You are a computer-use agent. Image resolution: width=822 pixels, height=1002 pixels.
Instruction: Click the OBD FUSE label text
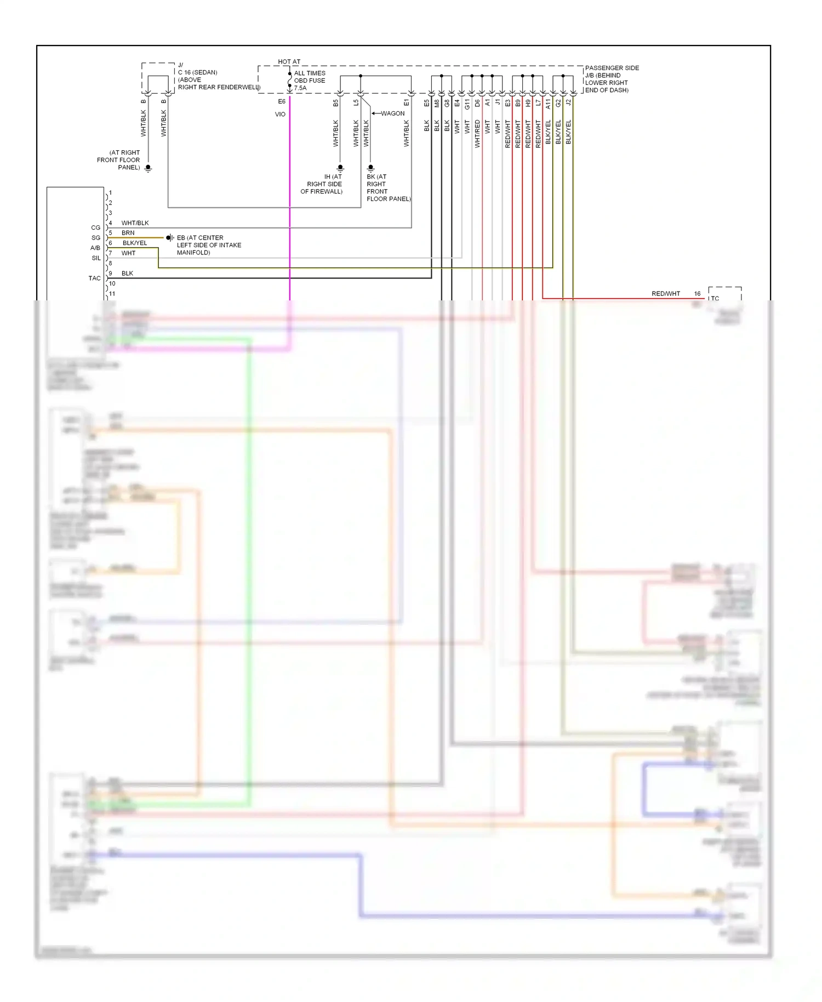pos(310,81)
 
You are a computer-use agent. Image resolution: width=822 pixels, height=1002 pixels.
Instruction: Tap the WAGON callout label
pos(392,113)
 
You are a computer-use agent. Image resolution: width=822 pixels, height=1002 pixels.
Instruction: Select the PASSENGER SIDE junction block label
pos(612,68)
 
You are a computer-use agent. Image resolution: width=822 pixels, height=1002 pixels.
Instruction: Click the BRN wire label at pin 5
pos(128,233)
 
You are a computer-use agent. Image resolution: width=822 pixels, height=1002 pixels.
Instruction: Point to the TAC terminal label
pos(95,278)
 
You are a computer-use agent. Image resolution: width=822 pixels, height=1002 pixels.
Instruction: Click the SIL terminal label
pos(96,258)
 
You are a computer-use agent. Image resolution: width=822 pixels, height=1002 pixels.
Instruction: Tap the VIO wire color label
pos(280,115)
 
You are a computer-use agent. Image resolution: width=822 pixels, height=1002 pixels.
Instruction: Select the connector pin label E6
pos(282,102)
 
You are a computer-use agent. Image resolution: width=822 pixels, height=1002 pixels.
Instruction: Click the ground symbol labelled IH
pos(340,168)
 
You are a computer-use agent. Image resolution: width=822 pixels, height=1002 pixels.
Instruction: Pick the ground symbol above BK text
pos(370,168)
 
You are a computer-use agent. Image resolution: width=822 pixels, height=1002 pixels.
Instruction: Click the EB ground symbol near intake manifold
pos(170,238)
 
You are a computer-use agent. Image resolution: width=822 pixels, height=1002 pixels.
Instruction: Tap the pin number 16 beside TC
pos(697,294)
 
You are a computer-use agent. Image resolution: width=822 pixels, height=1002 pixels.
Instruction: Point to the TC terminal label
pos(715,298)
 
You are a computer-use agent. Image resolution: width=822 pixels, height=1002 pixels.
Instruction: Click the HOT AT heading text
pos(289,62)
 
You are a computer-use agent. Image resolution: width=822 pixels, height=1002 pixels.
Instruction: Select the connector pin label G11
pos(467,104)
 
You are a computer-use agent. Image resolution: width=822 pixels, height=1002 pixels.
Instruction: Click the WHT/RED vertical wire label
pos(477,134)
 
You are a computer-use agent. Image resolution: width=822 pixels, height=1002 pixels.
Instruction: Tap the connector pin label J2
pos(569,103)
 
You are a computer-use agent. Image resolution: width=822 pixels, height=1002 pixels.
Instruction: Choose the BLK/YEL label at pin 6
pos(135,243)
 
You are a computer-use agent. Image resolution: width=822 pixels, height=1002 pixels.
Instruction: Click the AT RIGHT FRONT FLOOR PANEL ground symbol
pos(148,168)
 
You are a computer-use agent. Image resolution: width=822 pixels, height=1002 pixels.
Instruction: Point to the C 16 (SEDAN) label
pos(197,72)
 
